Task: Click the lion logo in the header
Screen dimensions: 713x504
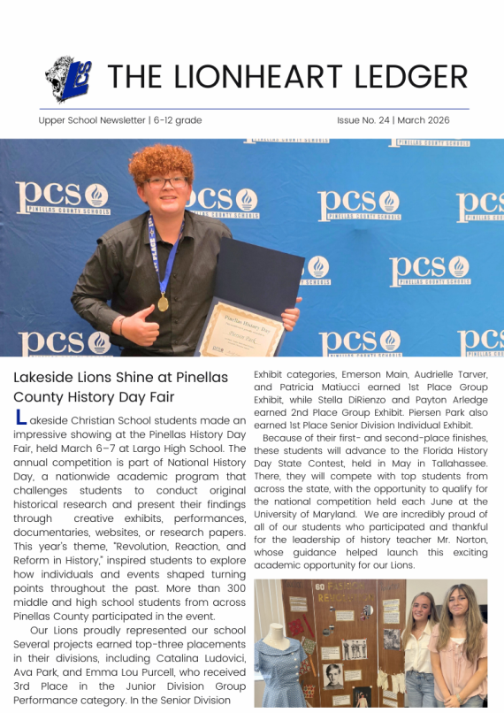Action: click(x=68, y=78)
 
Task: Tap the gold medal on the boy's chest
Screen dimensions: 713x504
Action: click(x=163, y=303)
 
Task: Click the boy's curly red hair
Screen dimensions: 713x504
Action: click(x=160, y=163)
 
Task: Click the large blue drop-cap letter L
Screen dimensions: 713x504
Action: click(x=21, y=418)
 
